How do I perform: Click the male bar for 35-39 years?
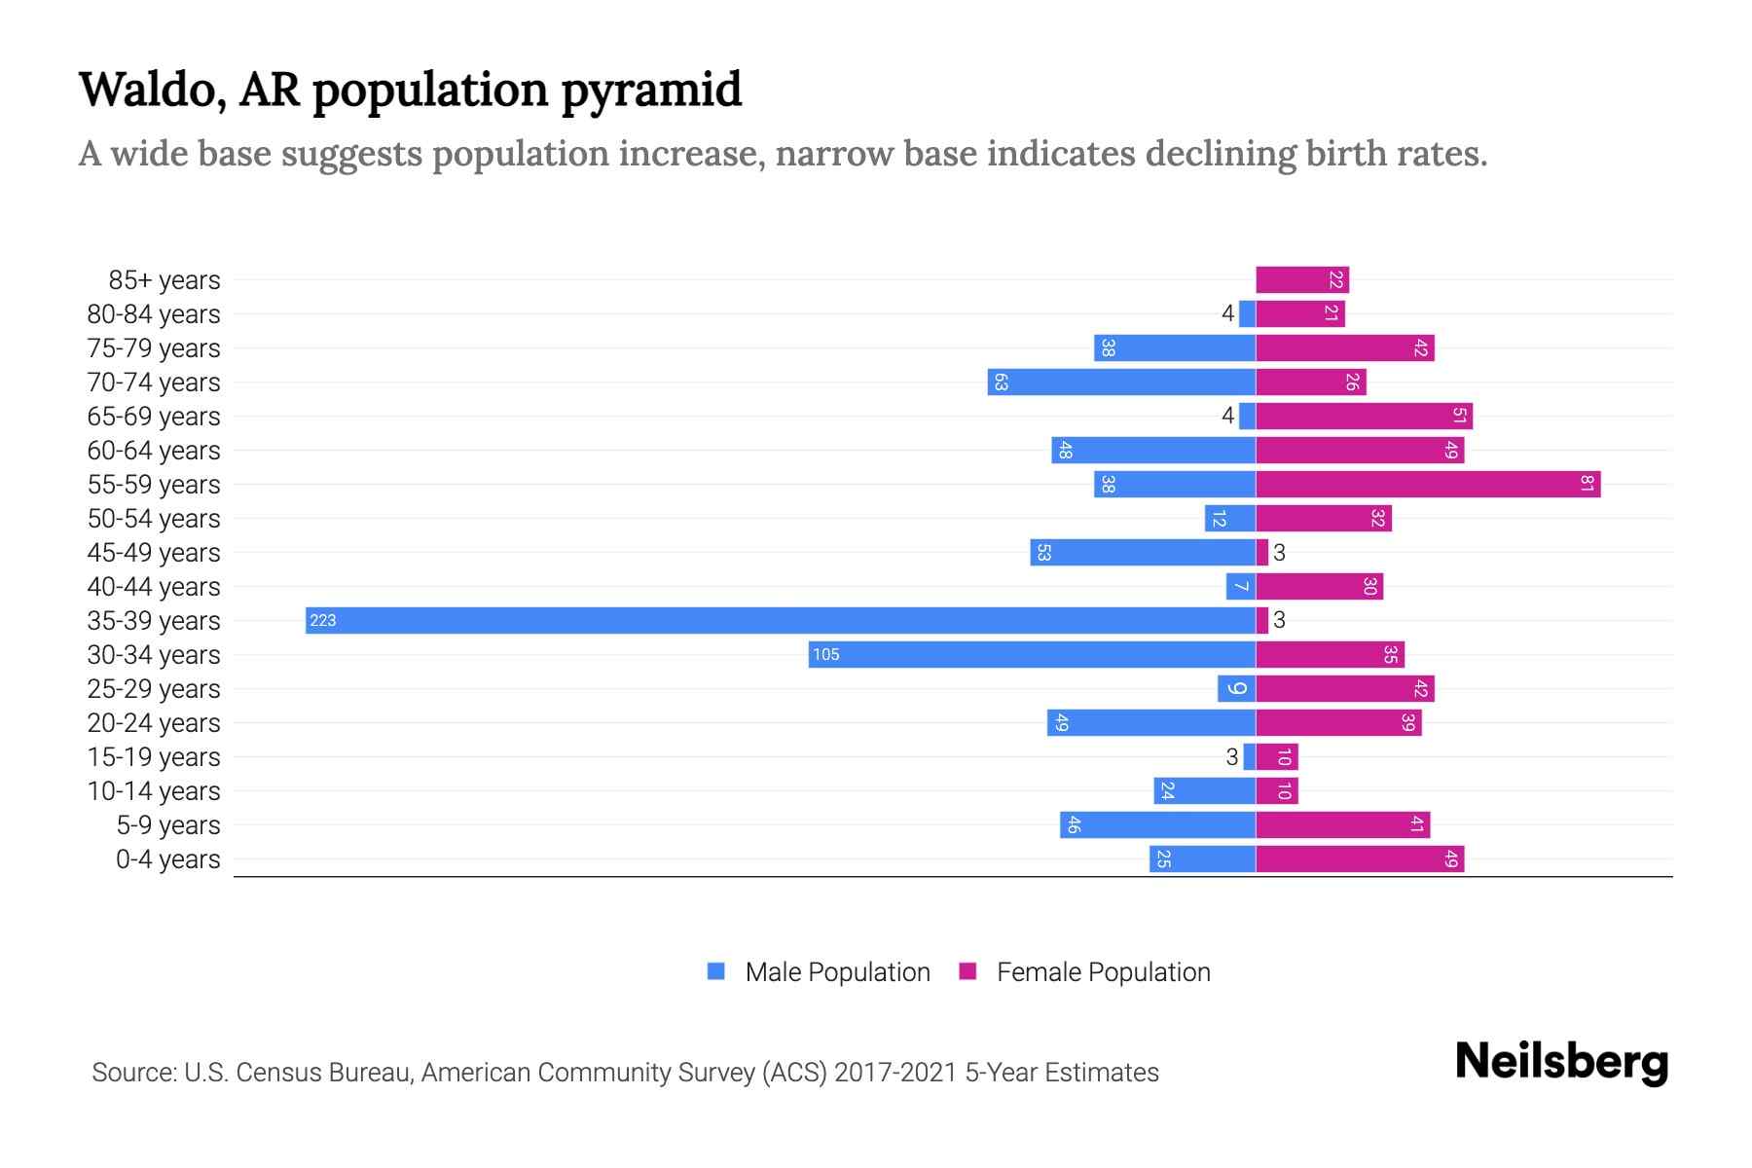click(779, 620)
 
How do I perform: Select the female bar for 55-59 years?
click(1428, 484)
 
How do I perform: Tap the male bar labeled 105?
click(1032, 654)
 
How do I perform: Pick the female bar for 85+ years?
click(1302, 280)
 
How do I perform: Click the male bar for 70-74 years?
click(1121, 382)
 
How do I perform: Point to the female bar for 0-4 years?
click(1360, 858)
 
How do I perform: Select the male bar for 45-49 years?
click(1143, 552)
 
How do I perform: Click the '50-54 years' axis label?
click(154, 519)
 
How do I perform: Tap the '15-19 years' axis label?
click(154, 757)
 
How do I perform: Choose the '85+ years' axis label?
click(164, 280)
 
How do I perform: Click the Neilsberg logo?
click(1561, 1062)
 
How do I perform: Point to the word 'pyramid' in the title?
click(651, 91)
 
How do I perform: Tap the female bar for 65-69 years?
click(1364, 416)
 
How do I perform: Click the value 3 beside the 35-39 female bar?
click(1279, 620)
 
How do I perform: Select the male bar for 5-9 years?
click(1157, 824)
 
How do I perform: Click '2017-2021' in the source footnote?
click(894, 1073)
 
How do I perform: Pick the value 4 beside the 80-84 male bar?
click(1227, 313)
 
